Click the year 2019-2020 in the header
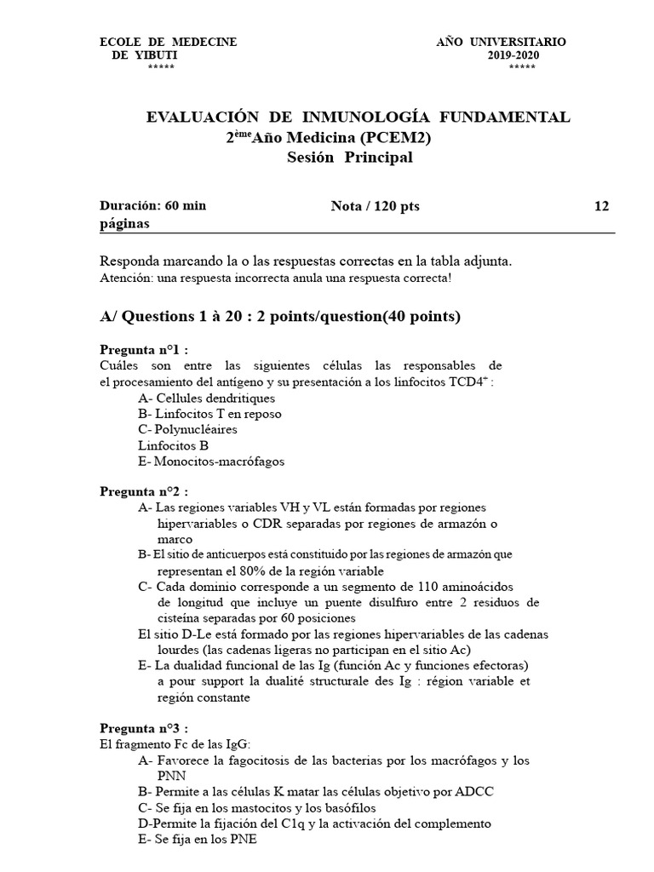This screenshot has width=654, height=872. (x=513, y=55)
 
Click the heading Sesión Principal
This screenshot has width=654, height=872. (x=349, y=158)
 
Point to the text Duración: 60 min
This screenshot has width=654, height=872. (x=152, y=206)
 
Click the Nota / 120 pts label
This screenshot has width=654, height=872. (x=375, y=206)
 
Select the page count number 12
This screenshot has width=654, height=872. (x=601, y=206)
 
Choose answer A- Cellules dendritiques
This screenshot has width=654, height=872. (x=206, y=398)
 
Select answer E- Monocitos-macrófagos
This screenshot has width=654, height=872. (x=210, y=462)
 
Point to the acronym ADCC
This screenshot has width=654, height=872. (x=475, y=791)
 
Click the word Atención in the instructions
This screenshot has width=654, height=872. (x=125, y=279)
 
